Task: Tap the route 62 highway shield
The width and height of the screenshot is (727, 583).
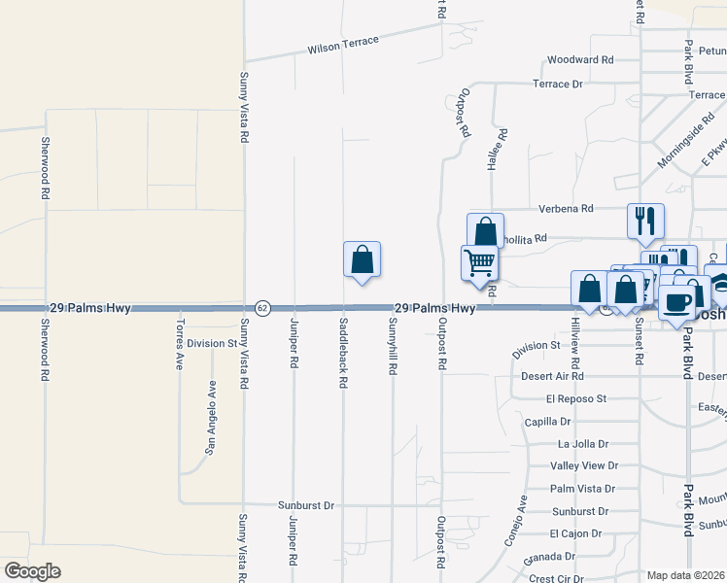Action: click(x=262, y=308)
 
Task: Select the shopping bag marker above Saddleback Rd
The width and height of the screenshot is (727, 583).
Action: click(x=362, y=260)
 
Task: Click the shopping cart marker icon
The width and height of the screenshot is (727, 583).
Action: click(x=479, y=263)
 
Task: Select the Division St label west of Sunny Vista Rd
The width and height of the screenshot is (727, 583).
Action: click(x=212, y=343)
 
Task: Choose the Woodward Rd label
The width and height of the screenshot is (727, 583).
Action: click(x=580, y=59)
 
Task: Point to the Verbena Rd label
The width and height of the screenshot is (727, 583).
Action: click(x=566, y=208)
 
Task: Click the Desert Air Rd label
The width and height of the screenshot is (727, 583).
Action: click(x=551, y=375)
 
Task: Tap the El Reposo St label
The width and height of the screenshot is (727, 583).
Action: click(x=575, y=398)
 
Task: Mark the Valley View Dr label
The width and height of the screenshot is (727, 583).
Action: click(x=584, y=465)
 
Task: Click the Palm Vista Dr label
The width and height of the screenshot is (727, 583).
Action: click(x=579, y=489)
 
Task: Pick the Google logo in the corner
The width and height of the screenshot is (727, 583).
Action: click(x=32, y=571)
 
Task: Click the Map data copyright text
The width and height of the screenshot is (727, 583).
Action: click(x=686, y=575)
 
